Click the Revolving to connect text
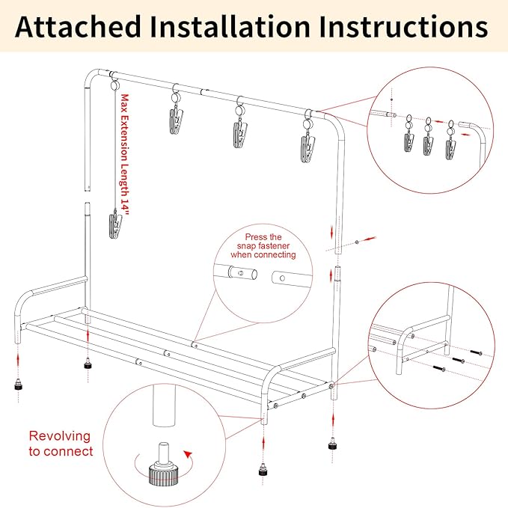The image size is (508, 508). [x=61, y=444]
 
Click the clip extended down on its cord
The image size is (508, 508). [x=114, y=224]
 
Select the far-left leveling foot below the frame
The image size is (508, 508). [x=16, y=389]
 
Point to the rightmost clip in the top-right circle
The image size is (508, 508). [x=450, y=141]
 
